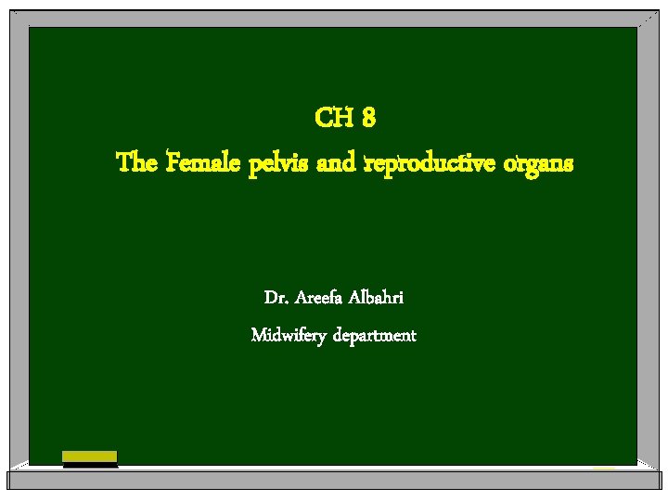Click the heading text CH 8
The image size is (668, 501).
(x=345, y=119)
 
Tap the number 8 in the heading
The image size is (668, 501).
(x=368, y=119)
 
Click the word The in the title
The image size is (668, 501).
(x=137, y=164)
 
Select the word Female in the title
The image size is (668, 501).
(x=203, y=164)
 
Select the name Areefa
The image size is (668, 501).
(x=319, y=299)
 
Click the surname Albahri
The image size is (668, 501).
(x=379, y=299)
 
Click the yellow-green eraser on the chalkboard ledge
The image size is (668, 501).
(x=90, y=456)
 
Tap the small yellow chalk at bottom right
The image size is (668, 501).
(x=604, y=468)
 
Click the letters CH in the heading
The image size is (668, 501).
(x=331, y=119)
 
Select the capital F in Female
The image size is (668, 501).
(x=174, y=164)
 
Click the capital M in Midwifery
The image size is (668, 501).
(x=259, y=334)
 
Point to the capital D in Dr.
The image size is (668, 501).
(x=270, y=299)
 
